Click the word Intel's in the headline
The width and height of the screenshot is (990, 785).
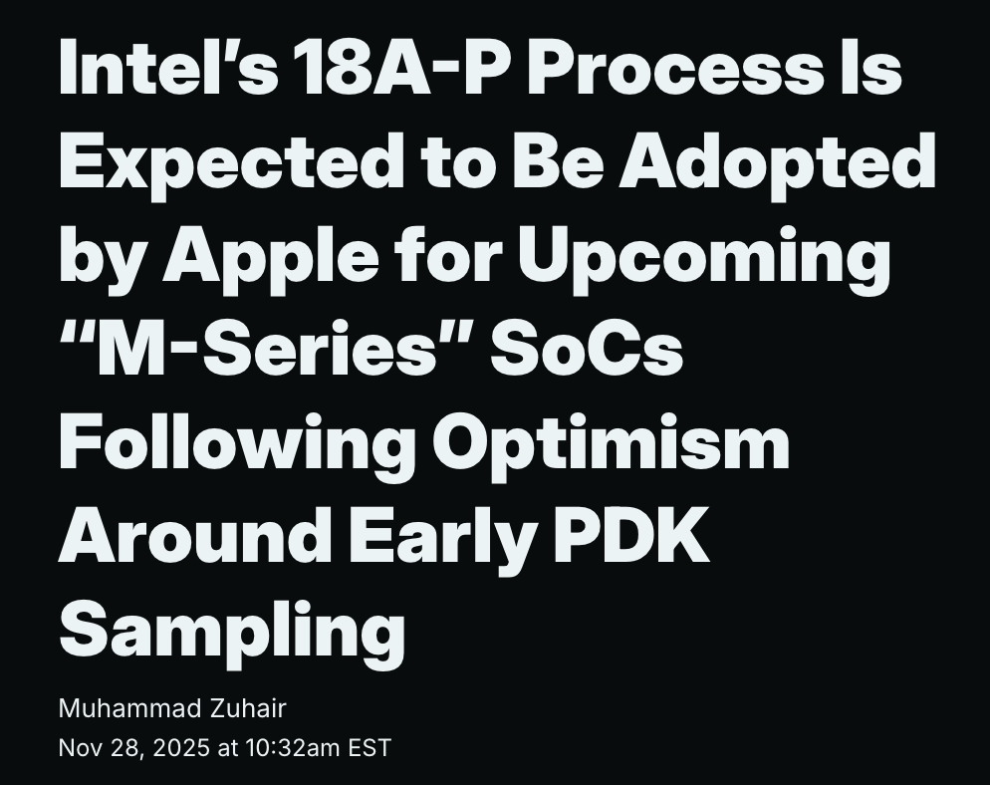168,65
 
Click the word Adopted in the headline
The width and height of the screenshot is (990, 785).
777,159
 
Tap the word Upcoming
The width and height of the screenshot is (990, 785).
703,254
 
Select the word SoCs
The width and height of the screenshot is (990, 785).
588,348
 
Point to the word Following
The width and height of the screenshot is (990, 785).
237,442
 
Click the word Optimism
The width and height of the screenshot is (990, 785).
612,442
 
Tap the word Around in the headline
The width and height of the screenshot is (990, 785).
196,535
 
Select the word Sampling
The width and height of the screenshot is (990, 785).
232,630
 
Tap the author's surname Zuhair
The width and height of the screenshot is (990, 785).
247,708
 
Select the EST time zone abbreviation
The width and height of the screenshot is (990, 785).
370,748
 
